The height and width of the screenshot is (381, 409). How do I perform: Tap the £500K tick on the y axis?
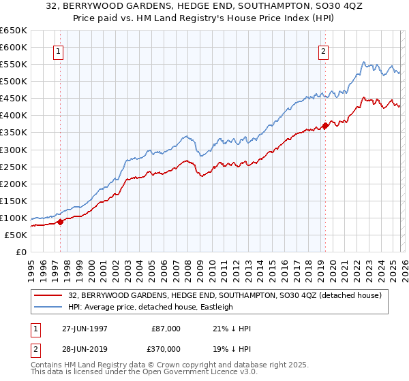pyautogui.click(x=13, y=82)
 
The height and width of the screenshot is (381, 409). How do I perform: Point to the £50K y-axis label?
pyautogui.click(x=15, y=235)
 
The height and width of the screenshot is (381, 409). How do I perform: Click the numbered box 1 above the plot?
pyautogui.click(x=59, y=51)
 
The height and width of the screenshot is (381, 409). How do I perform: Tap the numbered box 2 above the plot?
pyautogui.click(x=323, y=51)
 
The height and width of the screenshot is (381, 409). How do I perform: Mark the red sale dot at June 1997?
pyautogui.click(x=60, y=222)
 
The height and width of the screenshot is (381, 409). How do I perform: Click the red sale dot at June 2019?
pyautogui.click(x=325, y=125)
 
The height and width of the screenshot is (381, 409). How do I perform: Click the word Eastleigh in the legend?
pyautogui.click(x=215, y=307)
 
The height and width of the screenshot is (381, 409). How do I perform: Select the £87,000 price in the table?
pyautogui.click(x=165, y=329)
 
